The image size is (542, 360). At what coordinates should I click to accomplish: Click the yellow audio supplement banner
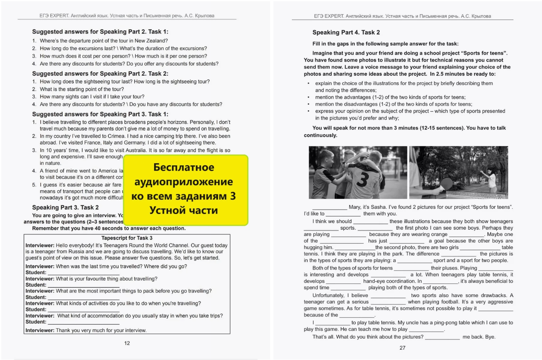point(185,190)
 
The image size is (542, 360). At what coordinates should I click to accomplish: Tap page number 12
point(127,343)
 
